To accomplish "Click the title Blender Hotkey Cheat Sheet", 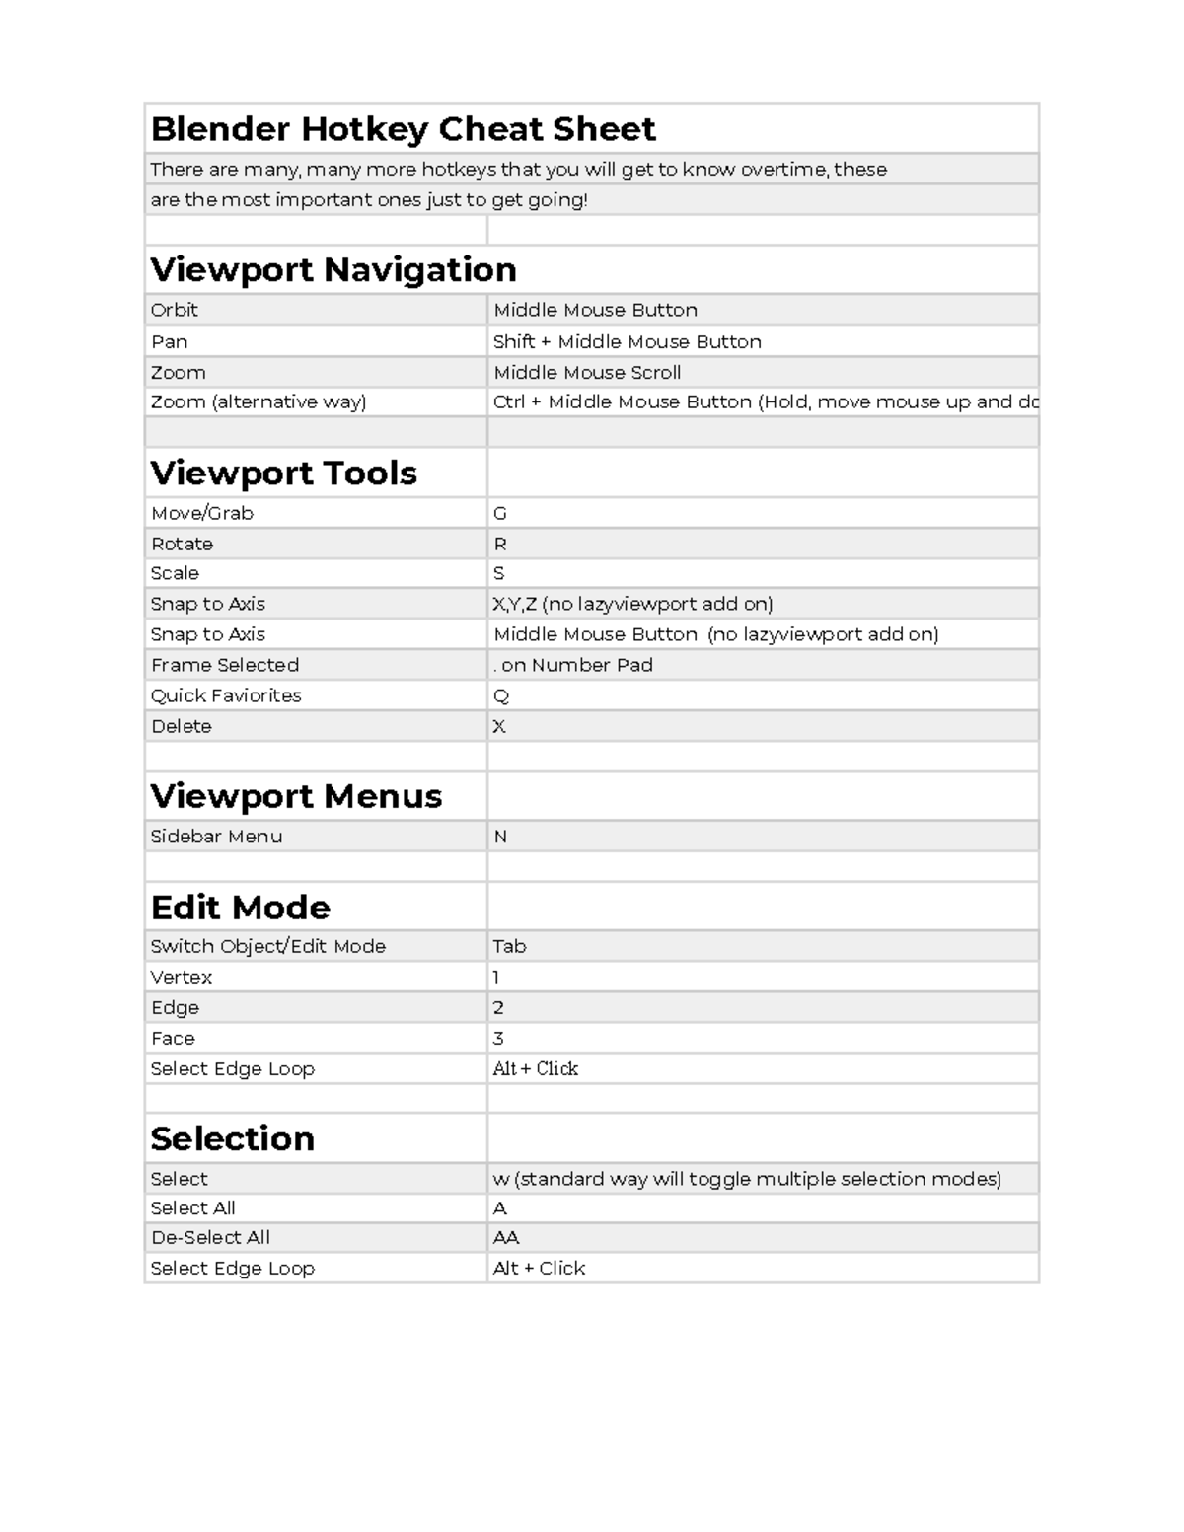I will (x=403, y=129).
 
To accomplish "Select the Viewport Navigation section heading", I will (x=333, y=269).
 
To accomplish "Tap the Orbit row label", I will (x=174, y=310).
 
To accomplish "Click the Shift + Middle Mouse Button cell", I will (x=627, y=341).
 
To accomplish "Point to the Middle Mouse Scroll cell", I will (x=587, y=372).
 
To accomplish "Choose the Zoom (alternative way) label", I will (x=258, y=401).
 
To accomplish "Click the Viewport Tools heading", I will (x=283, y=473).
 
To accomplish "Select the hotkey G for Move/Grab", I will (x=499, y=513).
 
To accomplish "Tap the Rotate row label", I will (x=182, y=544).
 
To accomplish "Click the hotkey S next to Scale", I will (x=498, y=573).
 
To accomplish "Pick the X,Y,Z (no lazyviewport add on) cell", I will (x=632, y=604).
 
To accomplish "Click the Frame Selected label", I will (x=225, y=665).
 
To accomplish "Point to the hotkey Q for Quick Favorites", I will (x=500, y=695).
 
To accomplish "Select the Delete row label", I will (x=182, y=726).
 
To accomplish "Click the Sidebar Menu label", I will (x=216, y=837).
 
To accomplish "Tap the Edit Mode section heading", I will (x=240, y=907).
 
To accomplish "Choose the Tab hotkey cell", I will (x=509, y=946).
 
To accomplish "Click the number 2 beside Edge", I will (x=498, y=1007).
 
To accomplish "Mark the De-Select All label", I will (x=210, y=1237).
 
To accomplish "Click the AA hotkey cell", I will (x=505, y=1237).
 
